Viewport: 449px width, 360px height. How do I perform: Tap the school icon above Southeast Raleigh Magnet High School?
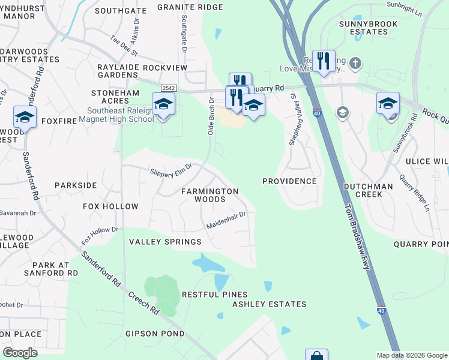click(x=163, y=104)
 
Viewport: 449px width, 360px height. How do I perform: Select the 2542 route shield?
click(x=168, y=88)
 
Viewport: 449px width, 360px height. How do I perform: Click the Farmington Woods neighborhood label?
click(x=210, y=196)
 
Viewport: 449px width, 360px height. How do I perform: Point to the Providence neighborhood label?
click(x=289, y=181)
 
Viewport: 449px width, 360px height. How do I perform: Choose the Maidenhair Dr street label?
click(x=226, y=220)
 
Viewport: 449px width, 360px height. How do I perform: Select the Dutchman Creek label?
click(x=367, y=190)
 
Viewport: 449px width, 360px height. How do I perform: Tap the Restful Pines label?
click(x=214, y=295)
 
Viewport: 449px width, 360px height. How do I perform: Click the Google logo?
click(x=20, y=352)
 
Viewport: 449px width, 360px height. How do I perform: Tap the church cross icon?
click(x=355, y=62)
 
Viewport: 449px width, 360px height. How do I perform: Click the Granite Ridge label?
click(x=190, y=7)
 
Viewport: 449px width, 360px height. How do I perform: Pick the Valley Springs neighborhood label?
click(x=165, y=242)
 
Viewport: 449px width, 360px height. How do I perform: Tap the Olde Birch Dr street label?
click(x=211, y=115)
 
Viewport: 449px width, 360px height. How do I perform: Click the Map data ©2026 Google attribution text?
click(x=411, y=355)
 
